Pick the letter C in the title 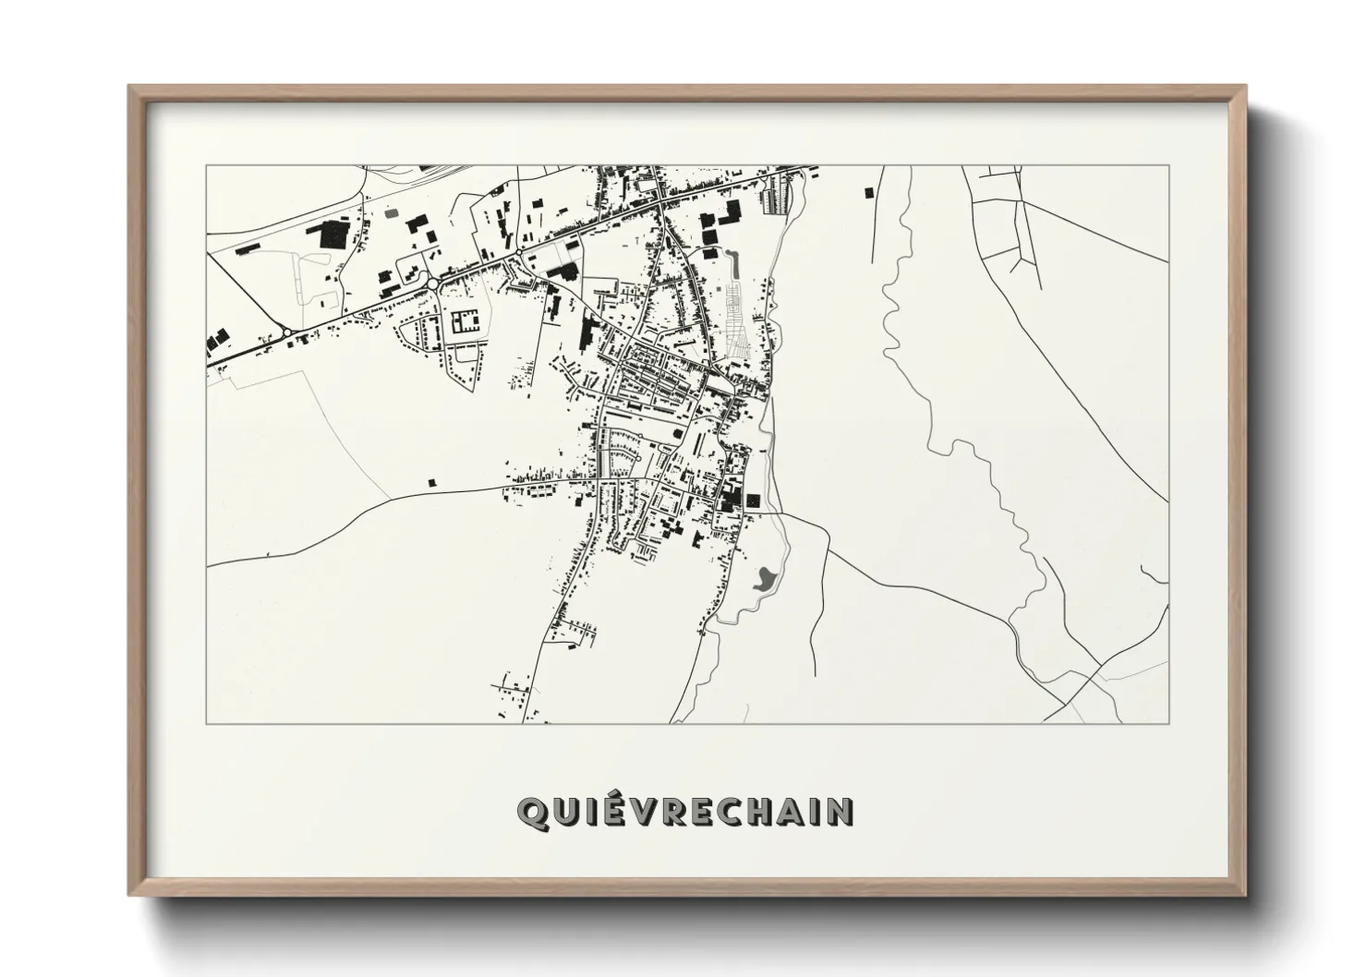(x=730, y=812)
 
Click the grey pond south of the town (x=764, y=580)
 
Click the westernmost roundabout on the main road (x=287, y=332)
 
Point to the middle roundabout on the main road (x=432, y=283)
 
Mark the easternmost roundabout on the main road (x=519, y=250)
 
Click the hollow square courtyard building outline (x=465, y=321)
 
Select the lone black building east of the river (x=867, y=192)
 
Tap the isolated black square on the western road (x=431, y=481)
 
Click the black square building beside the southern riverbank (x=753, y=500)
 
